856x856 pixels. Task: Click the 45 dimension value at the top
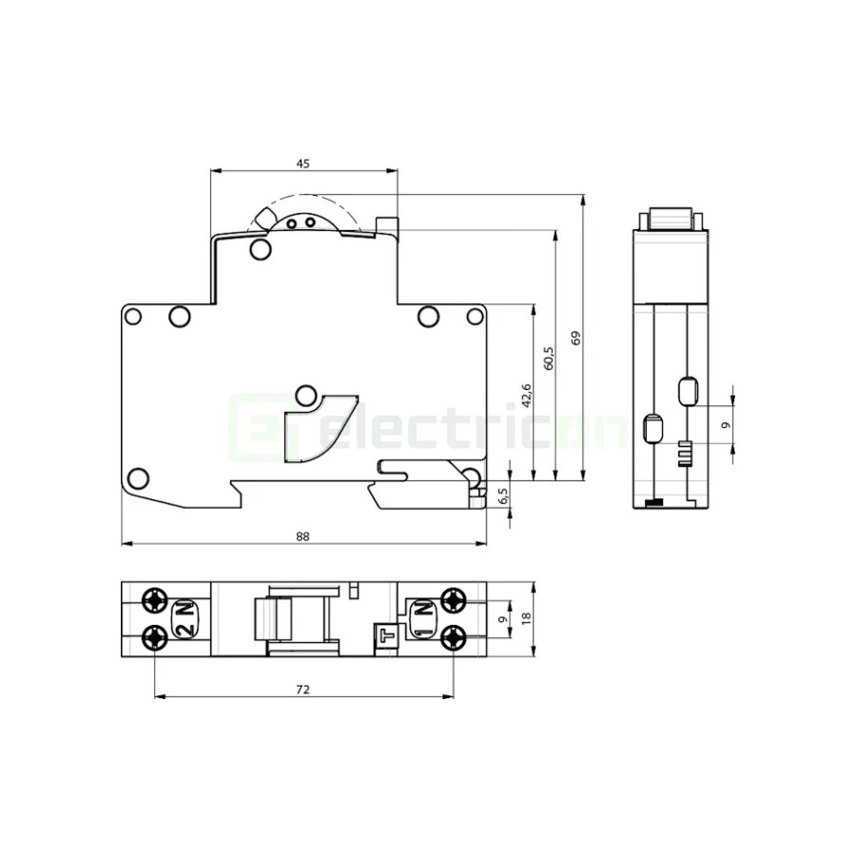[302, 164]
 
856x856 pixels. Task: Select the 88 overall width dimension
[302, 536]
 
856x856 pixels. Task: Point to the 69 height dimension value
[574, 339]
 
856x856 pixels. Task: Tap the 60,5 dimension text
[548, 358]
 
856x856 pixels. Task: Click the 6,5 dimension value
[504, 496]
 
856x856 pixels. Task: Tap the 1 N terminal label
[421, 619]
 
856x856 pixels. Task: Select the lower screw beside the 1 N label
[453, 636]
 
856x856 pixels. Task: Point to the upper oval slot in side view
[688, 389]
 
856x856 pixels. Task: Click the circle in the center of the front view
[306, 394]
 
